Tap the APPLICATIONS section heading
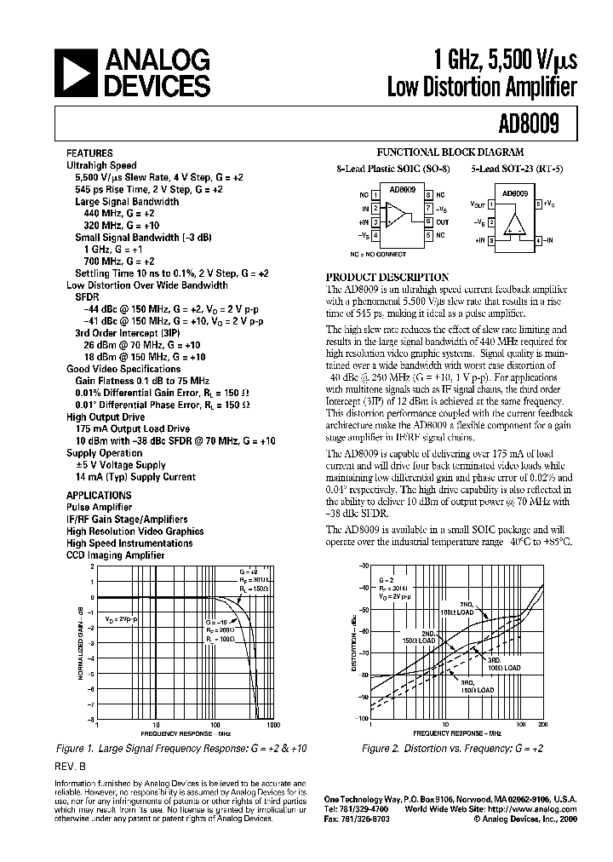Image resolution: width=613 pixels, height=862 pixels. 99,495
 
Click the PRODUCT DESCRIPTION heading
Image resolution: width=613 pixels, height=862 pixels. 388,277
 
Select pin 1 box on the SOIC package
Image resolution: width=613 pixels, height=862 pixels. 375,194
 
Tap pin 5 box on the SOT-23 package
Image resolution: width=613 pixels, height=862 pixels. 538,204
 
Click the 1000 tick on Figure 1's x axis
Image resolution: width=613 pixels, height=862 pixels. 272,725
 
